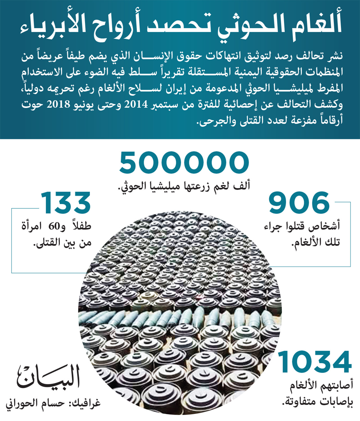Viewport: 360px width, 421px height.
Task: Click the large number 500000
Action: pos(184,163)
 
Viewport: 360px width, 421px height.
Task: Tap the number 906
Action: pos(299,203)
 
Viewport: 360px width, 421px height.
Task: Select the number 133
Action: pos(66,203)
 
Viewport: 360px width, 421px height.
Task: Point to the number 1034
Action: pos(315,362)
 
